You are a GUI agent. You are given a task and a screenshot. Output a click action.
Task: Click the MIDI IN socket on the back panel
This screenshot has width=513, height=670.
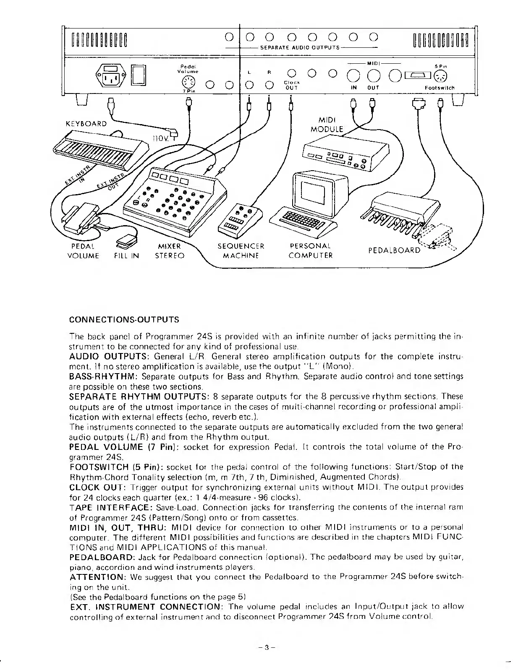353,76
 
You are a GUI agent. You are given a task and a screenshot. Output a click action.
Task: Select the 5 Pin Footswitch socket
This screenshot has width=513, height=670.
441,76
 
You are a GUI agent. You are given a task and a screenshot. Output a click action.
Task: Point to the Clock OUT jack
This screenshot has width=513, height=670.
291,74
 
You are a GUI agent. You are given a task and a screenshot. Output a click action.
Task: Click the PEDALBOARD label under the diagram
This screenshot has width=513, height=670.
394,250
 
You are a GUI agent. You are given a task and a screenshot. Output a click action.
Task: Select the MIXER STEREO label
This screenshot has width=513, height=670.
170,251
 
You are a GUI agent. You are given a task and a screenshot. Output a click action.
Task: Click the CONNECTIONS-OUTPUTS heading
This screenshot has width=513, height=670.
124,320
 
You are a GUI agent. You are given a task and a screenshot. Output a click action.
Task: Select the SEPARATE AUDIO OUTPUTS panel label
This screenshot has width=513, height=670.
300,48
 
